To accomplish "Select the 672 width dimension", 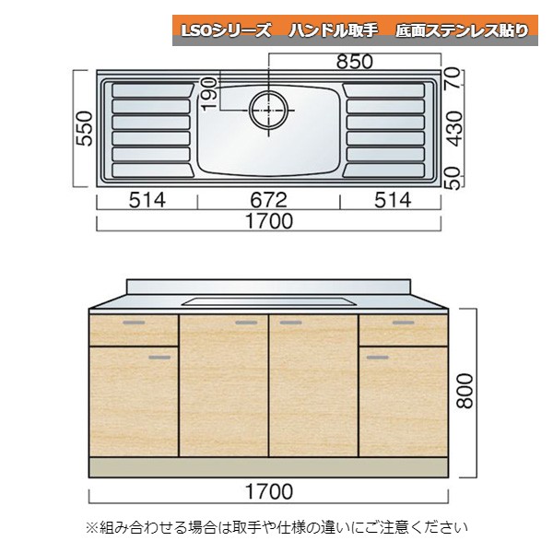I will [x=268, y=200].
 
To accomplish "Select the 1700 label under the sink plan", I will [x=268, y=221].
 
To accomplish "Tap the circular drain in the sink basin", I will [x=267, y=108].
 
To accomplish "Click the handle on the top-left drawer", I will [x=135, y=323].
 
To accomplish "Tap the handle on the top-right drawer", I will [x=403, y=323].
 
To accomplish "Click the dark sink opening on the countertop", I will [x=268, y=300].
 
